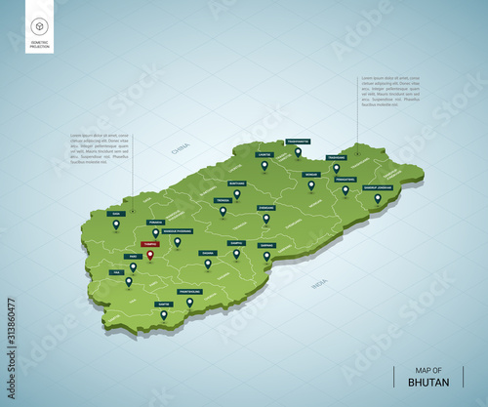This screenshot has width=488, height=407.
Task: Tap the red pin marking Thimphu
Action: click(149, 257)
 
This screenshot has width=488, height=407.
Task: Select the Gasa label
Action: click(116, 213)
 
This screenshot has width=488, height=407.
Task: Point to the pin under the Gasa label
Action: click(116, 224)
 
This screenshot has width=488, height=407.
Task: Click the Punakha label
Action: click(154, 222)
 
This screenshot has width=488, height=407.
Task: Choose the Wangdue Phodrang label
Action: click(178, 230)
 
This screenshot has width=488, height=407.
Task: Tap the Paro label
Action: click(132, 256)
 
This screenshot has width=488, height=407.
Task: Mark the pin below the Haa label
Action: click(128, 281)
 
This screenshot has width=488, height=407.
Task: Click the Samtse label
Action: click(163, 304)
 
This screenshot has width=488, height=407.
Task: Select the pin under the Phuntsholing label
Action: click(189, 303)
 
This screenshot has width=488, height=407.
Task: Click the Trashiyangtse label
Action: click(298, 142)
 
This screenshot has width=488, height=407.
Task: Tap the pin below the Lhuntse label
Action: click(264, 165)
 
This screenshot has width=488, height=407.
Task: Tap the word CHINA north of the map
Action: click(181, 149)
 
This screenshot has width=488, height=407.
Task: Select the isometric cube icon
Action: click(40, 25)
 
